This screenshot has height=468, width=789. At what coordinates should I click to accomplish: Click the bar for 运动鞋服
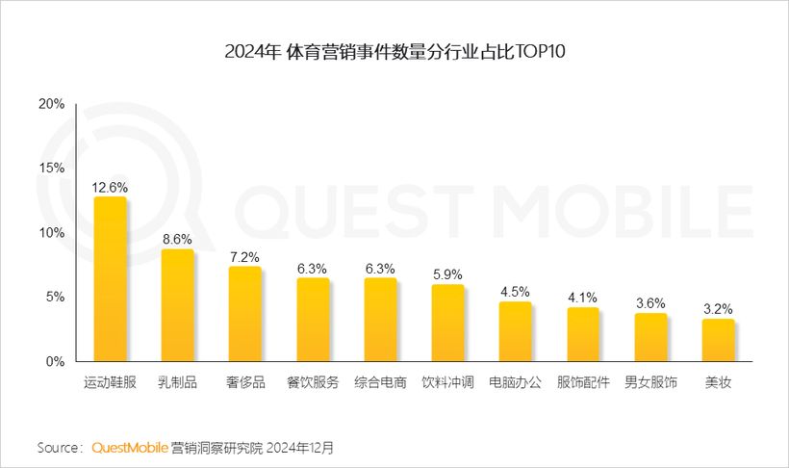click(x=110, y=279)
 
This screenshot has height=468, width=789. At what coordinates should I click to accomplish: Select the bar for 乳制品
click(x=177, y=305)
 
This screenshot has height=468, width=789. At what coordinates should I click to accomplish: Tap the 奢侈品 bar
click(x=244, y=314)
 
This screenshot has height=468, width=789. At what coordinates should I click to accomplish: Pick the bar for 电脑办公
click(x=516, y=332)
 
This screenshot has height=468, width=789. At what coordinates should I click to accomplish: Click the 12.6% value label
click(x=110, y=187)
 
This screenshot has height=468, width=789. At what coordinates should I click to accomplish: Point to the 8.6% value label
click(x=177, y=239)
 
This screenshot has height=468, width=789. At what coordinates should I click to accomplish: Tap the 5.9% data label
click(x=447, y=273)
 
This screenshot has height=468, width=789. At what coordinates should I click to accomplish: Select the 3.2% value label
click(x=718, y=309)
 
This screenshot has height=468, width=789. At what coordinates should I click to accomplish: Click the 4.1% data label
click(x=583, y=298)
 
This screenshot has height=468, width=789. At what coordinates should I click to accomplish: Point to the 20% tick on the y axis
click(x=51, y=103)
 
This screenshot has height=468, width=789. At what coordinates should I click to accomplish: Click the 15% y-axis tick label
click(x=51, y=168)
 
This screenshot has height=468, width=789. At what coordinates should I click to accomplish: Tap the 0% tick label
click(x=55, y=362)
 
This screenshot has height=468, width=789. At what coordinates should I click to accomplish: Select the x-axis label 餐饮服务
click(x=313, y=382)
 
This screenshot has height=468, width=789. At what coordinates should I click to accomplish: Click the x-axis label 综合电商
click(x=380, y=382)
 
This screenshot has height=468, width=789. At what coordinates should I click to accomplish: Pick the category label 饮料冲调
click(x=447, y=382)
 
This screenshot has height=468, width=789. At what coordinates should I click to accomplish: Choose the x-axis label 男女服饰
click(x=650, y=382)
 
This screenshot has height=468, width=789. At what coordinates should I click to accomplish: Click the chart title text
click(x=394, y=51)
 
